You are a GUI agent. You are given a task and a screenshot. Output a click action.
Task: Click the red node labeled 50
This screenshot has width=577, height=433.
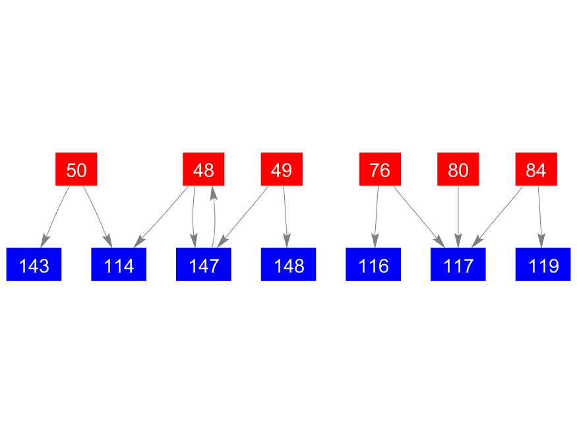76,170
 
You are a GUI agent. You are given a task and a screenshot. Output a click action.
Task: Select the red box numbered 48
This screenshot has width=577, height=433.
204,170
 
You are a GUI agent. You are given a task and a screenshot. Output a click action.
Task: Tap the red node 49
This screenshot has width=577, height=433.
282,170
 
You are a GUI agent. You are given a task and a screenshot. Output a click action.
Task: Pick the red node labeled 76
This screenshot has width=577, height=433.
380,170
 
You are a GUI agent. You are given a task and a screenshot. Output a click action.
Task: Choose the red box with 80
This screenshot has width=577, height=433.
458,170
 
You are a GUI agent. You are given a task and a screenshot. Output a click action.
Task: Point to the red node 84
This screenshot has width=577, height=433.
536,170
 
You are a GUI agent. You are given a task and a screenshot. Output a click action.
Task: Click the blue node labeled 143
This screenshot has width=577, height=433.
34,265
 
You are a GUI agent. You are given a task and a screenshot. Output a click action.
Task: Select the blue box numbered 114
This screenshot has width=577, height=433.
119,265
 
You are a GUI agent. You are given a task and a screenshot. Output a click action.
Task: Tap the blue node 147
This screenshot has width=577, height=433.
204,265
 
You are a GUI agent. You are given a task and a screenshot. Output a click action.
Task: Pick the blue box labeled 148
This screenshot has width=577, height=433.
289,265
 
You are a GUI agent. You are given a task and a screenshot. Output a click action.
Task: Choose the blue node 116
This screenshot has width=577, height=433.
373,265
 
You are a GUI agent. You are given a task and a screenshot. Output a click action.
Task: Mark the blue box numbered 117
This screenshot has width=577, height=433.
458,265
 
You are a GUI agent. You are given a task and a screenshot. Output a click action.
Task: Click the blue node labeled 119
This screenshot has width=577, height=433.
543,265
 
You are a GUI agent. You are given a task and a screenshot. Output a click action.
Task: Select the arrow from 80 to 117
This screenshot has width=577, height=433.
458,217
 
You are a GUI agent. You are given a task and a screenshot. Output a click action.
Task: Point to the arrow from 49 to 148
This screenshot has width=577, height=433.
285,217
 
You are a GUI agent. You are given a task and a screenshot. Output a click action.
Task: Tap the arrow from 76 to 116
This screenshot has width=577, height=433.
377,217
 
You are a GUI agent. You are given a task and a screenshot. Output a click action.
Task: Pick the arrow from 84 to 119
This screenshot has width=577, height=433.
540,217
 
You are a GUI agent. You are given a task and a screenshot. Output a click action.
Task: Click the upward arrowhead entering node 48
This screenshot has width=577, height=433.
213,193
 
